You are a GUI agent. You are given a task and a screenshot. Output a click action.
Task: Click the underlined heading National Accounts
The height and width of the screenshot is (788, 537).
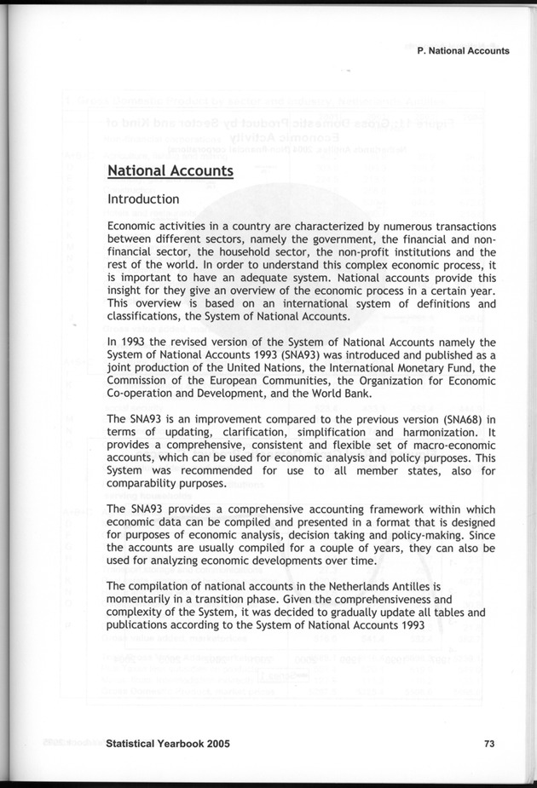[x=170, y=170]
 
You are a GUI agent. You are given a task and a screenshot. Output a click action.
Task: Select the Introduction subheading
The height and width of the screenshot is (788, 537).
[x=143, y=199]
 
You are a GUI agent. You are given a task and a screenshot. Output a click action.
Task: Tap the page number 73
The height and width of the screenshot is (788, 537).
[x=489, y=743]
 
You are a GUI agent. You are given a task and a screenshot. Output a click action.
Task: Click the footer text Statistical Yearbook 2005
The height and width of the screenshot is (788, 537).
[x=169, y=743]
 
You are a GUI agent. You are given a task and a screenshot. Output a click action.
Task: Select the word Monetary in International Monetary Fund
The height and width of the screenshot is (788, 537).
[x=390, y=368]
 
